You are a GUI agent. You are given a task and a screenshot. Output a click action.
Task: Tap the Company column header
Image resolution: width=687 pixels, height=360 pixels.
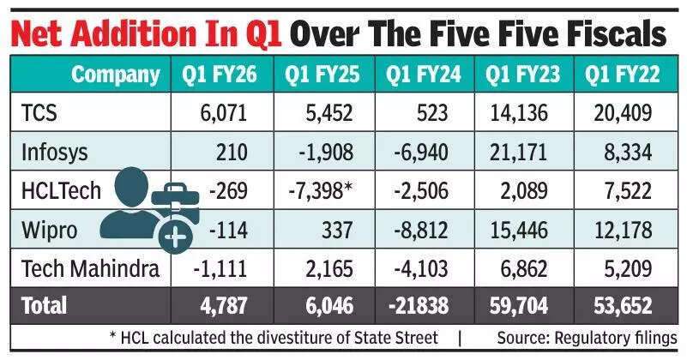click(115, 75)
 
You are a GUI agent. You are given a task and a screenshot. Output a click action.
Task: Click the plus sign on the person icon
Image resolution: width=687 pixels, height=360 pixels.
click(176, 236)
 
